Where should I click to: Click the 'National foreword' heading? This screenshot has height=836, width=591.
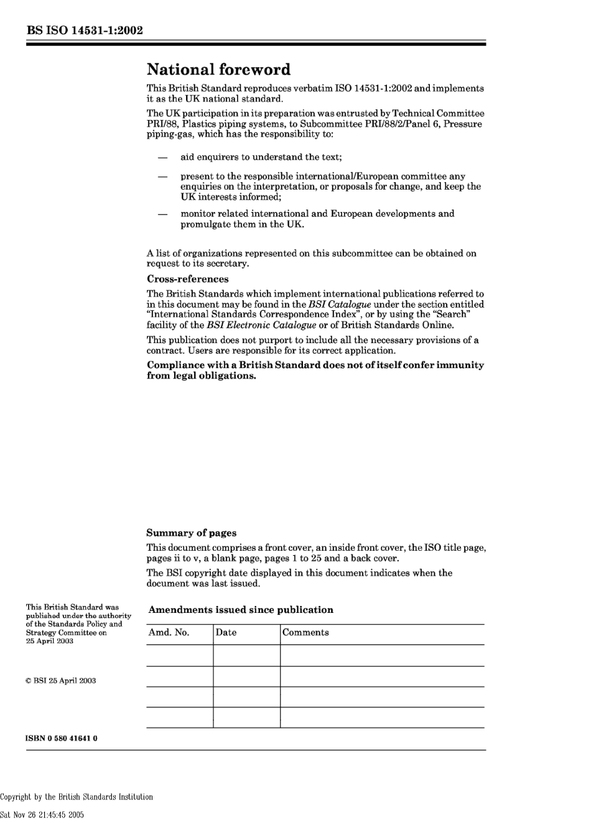pos(218,69)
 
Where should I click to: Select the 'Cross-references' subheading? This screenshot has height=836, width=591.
pos(188,279)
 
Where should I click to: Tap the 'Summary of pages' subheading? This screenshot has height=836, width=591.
pos(192,533)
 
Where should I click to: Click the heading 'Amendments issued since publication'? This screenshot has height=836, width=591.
pos(241,610)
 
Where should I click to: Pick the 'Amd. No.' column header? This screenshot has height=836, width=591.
pos(169,633)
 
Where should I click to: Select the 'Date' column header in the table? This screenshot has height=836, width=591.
pos(226,633)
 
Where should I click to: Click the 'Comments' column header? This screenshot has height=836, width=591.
pos(305,633)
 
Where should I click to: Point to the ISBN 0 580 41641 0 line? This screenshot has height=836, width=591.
pos(62,738)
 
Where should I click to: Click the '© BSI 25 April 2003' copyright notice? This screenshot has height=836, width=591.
pos(60,681)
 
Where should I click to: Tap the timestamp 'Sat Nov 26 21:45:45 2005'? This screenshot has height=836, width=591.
pos(42,815)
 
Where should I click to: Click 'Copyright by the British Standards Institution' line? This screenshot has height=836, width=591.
pos(77,797)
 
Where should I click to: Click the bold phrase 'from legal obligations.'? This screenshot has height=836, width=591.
pos(202,376)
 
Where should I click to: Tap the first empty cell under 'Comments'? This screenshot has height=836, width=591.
pos(382,656)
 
